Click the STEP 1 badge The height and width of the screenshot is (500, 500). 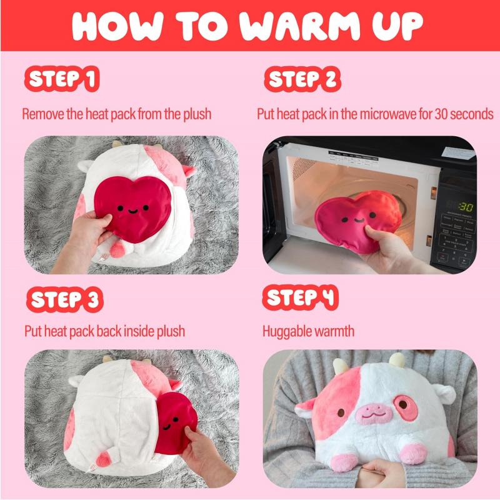coord(61,80)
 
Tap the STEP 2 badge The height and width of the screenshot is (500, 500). coord(302,80)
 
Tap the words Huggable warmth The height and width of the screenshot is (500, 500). coord(308,331)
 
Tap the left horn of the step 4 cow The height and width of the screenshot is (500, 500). coord(340,365)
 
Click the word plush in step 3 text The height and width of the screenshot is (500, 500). coord(169,331)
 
